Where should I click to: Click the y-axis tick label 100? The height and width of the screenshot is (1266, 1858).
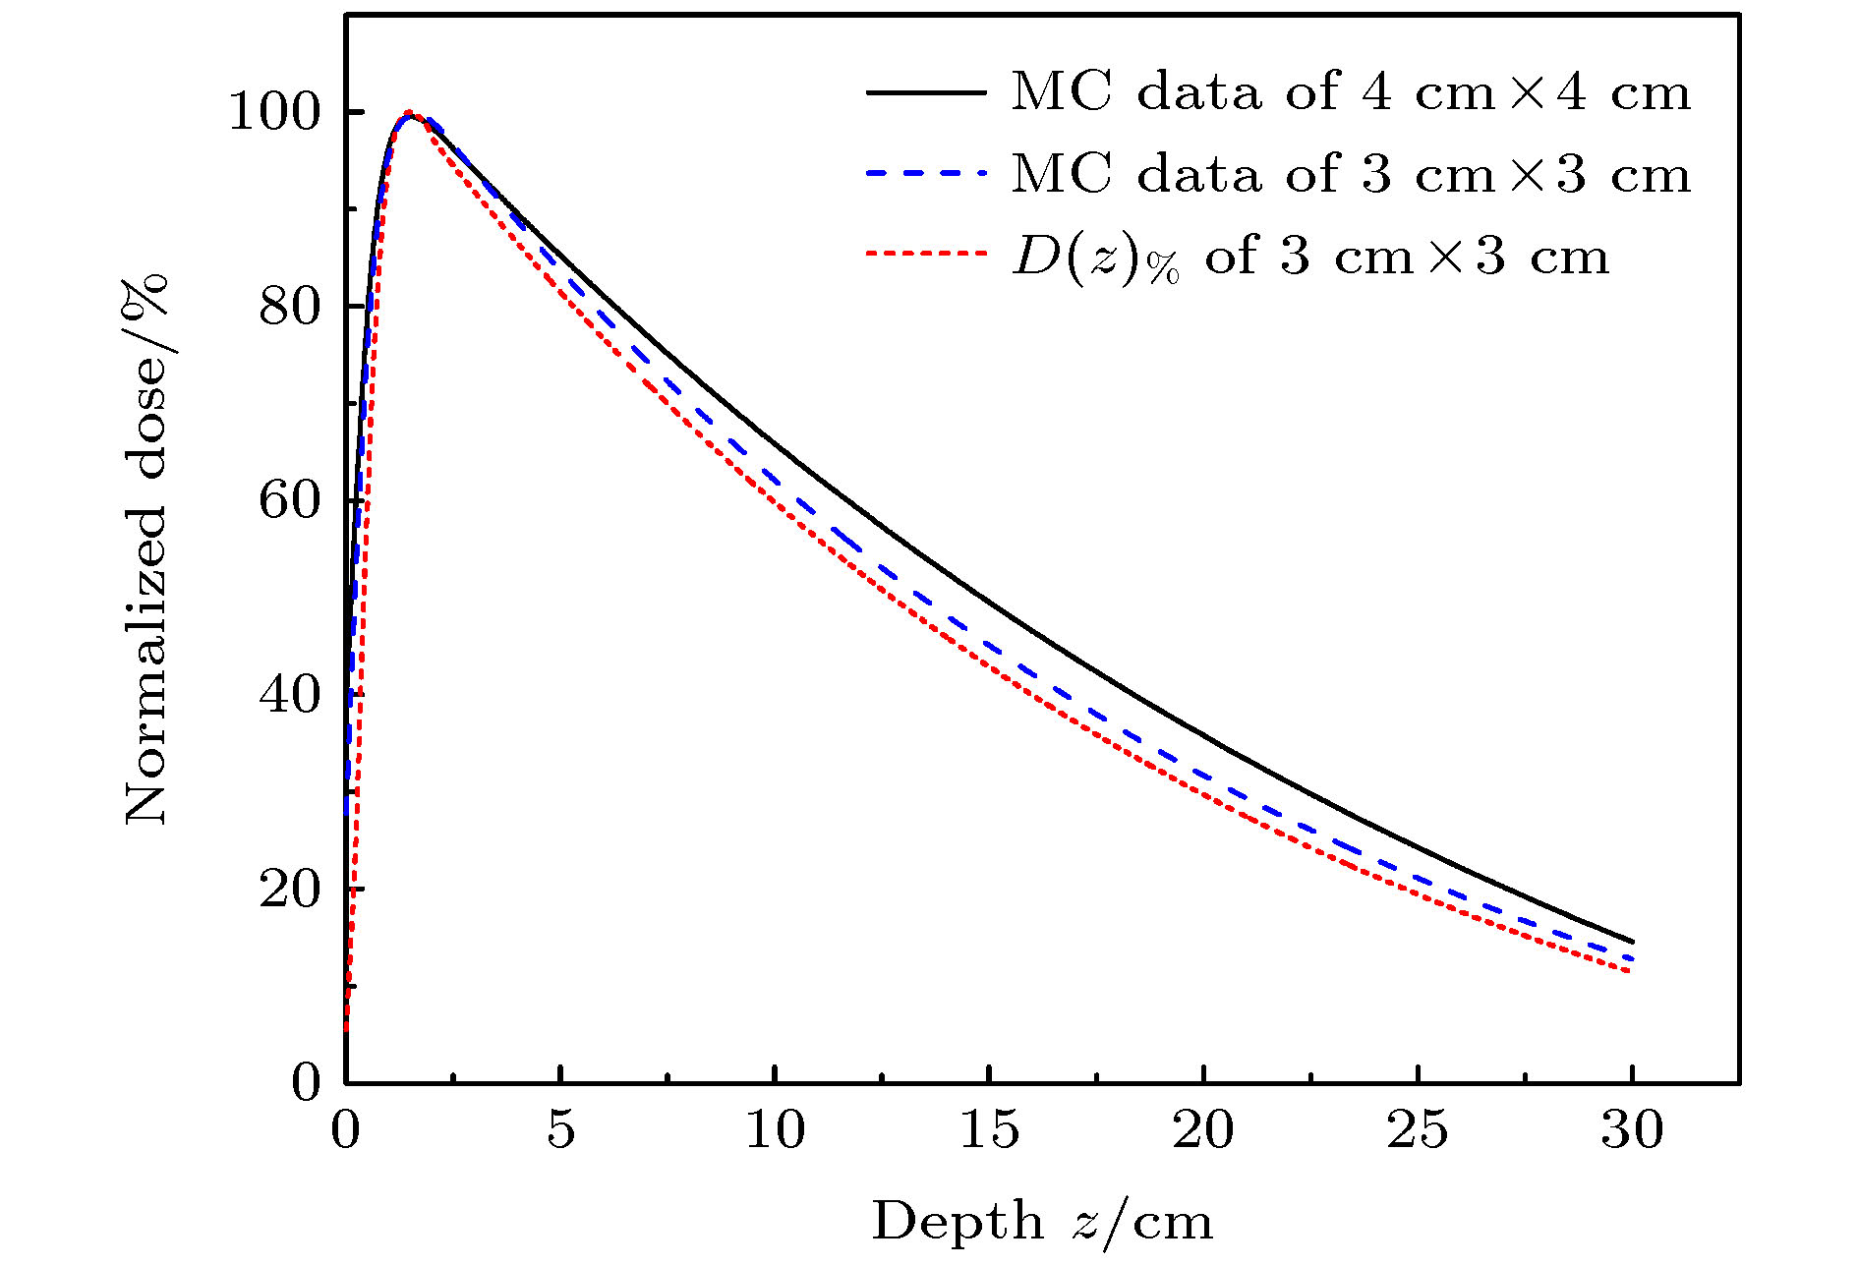(x=275, y=113)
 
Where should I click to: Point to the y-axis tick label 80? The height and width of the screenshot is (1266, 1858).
(x=290, y=307)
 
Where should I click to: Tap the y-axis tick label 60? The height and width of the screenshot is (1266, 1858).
(x=290, y=500)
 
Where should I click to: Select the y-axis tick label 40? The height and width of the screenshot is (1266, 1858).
(x=290, y=695)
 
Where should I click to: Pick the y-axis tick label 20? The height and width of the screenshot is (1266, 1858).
(x=290, y=890)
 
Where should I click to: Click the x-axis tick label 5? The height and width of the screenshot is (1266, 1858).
(x=560, y=1130)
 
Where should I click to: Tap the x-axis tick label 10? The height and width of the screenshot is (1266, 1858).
(x=775, y=1130)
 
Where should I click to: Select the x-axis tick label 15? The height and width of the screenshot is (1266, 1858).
(x=989, y=1130)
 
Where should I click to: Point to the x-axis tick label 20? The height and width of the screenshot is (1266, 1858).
(x=1203, y=1130)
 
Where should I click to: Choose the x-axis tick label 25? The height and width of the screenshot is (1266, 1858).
(x=1418, y=1130)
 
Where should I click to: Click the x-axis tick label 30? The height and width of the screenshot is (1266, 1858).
(x=1632, y=1130)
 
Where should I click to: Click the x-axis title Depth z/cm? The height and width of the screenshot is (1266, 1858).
(x=1042, y=1222)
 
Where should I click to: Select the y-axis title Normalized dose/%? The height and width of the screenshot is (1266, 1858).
(x=145, y=550)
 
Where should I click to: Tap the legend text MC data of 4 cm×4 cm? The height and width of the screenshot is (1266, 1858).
(x=1352, y=92)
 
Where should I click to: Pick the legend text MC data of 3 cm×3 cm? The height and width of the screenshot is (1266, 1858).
(x=1352, y=175)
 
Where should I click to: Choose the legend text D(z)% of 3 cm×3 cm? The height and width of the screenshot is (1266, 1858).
(x=1310, y=258)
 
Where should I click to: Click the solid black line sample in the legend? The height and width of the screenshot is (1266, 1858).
(x=926, y=92)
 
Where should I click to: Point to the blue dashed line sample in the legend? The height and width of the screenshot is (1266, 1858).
(x=926, y=174)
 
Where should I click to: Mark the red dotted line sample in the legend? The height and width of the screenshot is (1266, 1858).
(x=926, y=254)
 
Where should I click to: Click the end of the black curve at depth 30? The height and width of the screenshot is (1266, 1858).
(x=1632, y=941)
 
